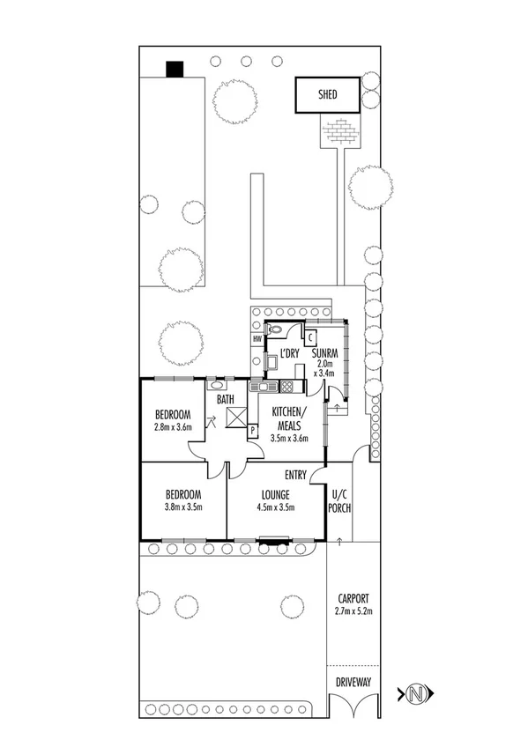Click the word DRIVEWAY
(x=355, y=682)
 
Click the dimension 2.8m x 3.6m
(x=172, y=427)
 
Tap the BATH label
(x=226, y=399)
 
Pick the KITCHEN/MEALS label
(x=288, y=419)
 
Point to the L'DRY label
(x=290, y=353)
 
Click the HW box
(x=257, y=338)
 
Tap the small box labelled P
(x=251, y=430)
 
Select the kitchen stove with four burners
(x=286, y=386)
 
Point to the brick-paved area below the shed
(x=341, y=133)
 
